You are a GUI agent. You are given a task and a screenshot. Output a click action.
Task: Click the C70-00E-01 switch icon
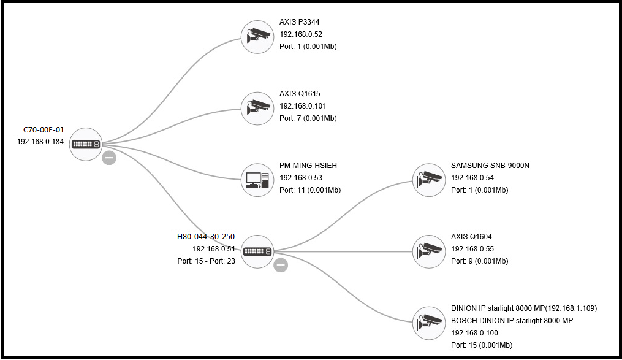coord(86,144)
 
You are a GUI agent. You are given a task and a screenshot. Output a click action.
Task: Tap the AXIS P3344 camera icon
coord(257,37)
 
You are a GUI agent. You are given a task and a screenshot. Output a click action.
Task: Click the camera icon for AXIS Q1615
coord(257,109)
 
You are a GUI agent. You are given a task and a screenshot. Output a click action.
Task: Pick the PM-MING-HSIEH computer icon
coord(257,180)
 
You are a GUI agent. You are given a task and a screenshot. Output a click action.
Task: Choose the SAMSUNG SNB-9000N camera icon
coord(428,180)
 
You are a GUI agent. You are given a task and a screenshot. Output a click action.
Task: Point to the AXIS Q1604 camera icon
coord(428,251)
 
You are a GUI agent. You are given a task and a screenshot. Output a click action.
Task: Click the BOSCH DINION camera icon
coord(428,323)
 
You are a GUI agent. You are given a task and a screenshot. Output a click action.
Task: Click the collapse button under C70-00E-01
coord(109,158)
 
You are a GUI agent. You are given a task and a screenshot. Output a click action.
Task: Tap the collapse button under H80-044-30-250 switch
coord(281,265)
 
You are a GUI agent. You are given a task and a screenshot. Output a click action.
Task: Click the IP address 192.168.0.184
coord(40,142)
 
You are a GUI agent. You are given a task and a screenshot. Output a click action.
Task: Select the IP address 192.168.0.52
coord(300,34)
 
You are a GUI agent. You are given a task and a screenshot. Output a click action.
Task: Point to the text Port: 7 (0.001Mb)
coord(308,118)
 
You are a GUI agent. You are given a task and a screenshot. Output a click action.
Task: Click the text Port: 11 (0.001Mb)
coord(309,190)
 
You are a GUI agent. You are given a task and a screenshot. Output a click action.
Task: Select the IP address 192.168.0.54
coord(472,178)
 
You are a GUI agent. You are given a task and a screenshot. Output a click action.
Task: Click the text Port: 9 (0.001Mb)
coord(479,261)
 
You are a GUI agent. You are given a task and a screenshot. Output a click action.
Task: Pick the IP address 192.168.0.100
coord(474,333)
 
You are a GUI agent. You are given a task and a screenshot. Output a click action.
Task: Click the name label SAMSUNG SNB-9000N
coord(490,166)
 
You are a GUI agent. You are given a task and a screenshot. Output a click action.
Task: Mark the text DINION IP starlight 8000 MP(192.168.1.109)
coord(523,308)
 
